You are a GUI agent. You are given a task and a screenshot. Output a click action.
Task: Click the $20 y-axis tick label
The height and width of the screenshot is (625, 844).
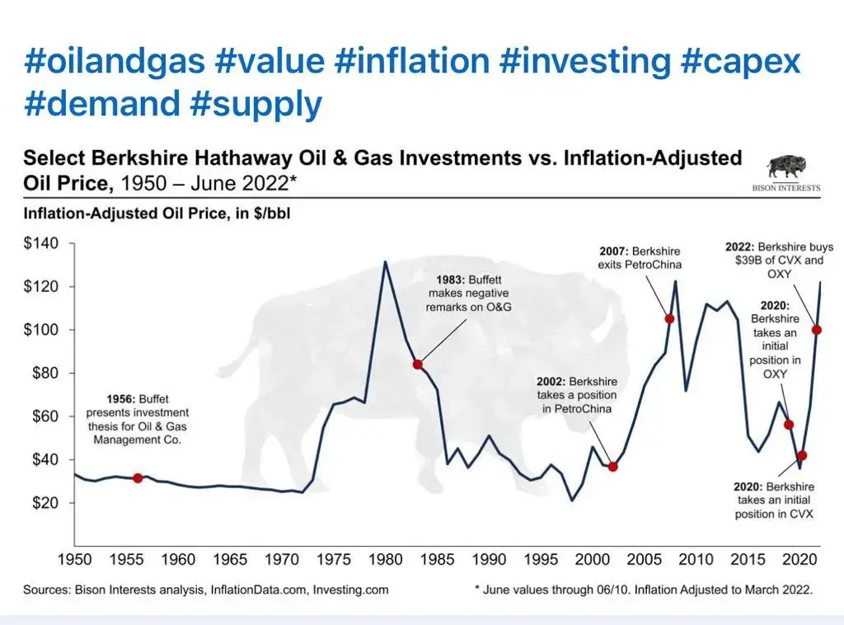[x=42, y=503]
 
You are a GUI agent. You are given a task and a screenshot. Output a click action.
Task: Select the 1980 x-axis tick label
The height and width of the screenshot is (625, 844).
[x=385, y=560]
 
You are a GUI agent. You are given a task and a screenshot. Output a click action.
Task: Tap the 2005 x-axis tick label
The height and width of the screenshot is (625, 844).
[x=644, y=560]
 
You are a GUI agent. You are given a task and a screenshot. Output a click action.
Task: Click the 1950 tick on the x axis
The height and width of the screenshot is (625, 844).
[x=74, y=560]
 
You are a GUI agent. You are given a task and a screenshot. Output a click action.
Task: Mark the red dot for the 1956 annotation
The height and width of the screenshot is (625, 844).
[x=138, y=478]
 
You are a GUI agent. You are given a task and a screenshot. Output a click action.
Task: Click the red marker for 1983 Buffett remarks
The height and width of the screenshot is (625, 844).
[x=417, y=364]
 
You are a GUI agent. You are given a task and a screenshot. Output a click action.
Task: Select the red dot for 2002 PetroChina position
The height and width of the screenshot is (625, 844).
[x=612, y=467]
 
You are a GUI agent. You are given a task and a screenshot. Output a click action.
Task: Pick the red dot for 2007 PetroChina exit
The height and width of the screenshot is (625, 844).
[x=669, y=318]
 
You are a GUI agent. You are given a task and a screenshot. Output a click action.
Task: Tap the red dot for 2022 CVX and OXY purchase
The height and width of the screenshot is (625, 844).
[x=817, y=330]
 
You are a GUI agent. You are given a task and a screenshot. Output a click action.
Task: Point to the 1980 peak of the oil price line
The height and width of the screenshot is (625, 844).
[x=385, y=262]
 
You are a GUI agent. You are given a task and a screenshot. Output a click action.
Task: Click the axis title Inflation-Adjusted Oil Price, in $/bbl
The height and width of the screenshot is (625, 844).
[x=157, y=214]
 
